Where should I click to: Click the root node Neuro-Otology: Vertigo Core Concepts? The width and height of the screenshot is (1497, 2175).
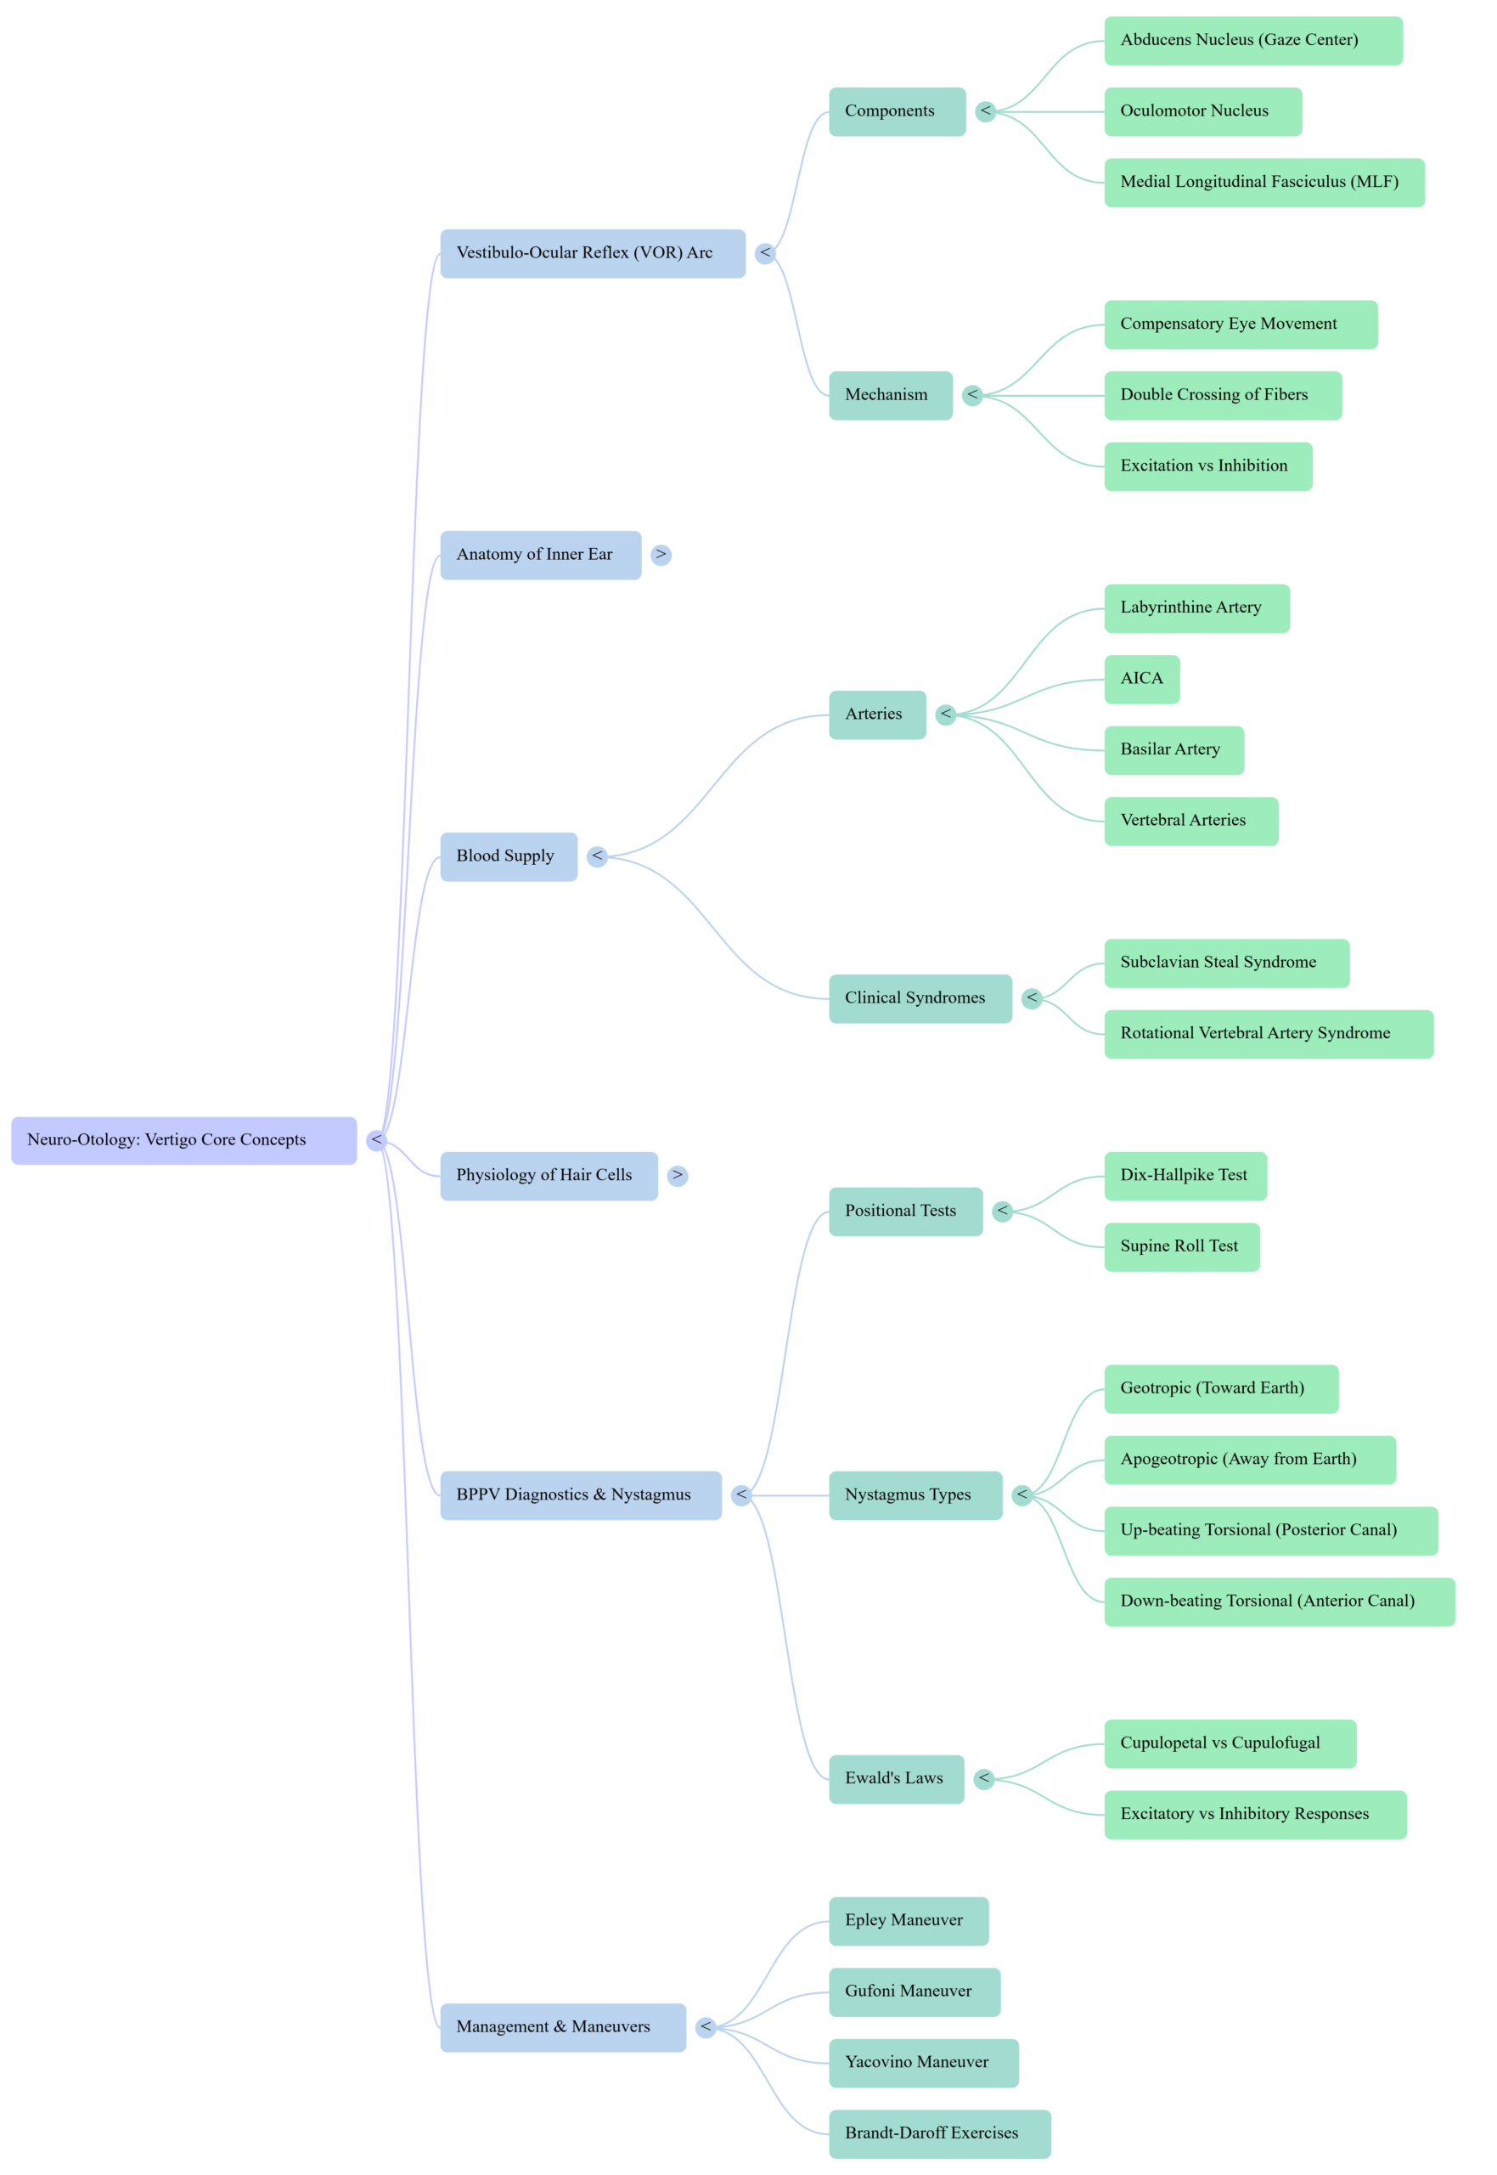[183, 1140]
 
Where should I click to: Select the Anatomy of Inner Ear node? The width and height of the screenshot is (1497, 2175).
[540, 555]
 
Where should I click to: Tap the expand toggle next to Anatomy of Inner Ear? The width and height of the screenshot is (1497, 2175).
[661, 555]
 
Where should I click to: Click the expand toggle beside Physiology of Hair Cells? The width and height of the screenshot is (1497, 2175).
[678, 1175]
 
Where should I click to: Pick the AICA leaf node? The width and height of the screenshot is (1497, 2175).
[1140, 678]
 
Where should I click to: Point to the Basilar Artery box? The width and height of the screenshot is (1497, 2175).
[1173, 749]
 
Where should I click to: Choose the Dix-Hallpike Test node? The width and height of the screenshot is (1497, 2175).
[1185, 1176]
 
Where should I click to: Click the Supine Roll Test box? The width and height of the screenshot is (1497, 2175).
[1181, 1246]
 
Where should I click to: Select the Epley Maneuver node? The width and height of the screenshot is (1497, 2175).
[907, 1920]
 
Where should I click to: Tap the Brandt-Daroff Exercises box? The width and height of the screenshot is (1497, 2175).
[938, 2133]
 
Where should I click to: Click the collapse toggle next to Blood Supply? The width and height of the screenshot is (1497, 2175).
[598, 856]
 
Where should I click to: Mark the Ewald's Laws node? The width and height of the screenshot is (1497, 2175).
[895, 1778]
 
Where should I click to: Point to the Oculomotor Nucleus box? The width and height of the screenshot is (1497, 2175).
[1202, 111]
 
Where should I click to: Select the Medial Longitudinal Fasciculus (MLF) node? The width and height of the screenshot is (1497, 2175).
[1263, 182]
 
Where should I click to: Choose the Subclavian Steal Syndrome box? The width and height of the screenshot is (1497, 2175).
[1226, 963]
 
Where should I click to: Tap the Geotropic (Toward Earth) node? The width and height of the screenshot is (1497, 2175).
[1220, 1389]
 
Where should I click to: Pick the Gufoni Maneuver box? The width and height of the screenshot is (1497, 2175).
[914, 1991]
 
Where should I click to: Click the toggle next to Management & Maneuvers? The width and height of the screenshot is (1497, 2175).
[706, 2027]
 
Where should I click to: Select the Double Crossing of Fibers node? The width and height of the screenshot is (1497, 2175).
[1222, 395]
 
